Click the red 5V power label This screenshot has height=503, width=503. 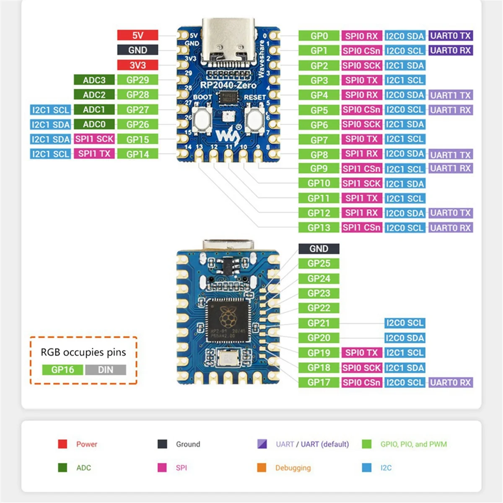(137, 35)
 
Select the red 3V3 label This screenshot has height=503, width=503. (137, 65)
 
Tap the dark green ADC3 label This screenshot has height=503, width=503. (94, 80)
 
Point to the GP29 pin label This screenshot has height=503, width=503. (137, 80)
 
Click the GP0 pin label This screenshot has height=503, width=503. (319, 36)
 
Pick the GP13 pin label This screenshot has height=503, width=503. (319, 228)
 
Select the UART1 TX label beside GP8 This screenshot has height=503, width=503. (451, 155)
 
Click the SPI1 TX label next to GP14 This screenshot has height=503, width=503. (94, 154)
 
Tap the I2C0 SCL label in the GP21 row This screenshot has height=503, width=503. (404, 323)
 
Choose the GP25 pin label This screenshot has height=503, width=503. (319, 264)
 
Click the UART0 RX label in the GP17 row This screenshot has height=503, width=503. (451, 382)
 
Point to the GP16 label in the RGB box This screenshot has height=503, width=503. (62, 370)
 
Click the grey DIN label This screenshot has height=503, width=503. (105, 370)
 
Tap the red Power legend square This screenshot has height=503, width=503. (62, 444)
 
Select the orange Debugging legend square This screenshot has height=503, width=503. (262, 467)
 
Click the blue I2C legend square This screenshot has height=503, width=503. (367, 467)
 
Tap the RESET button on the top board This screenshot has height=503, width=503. (254, 119)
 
